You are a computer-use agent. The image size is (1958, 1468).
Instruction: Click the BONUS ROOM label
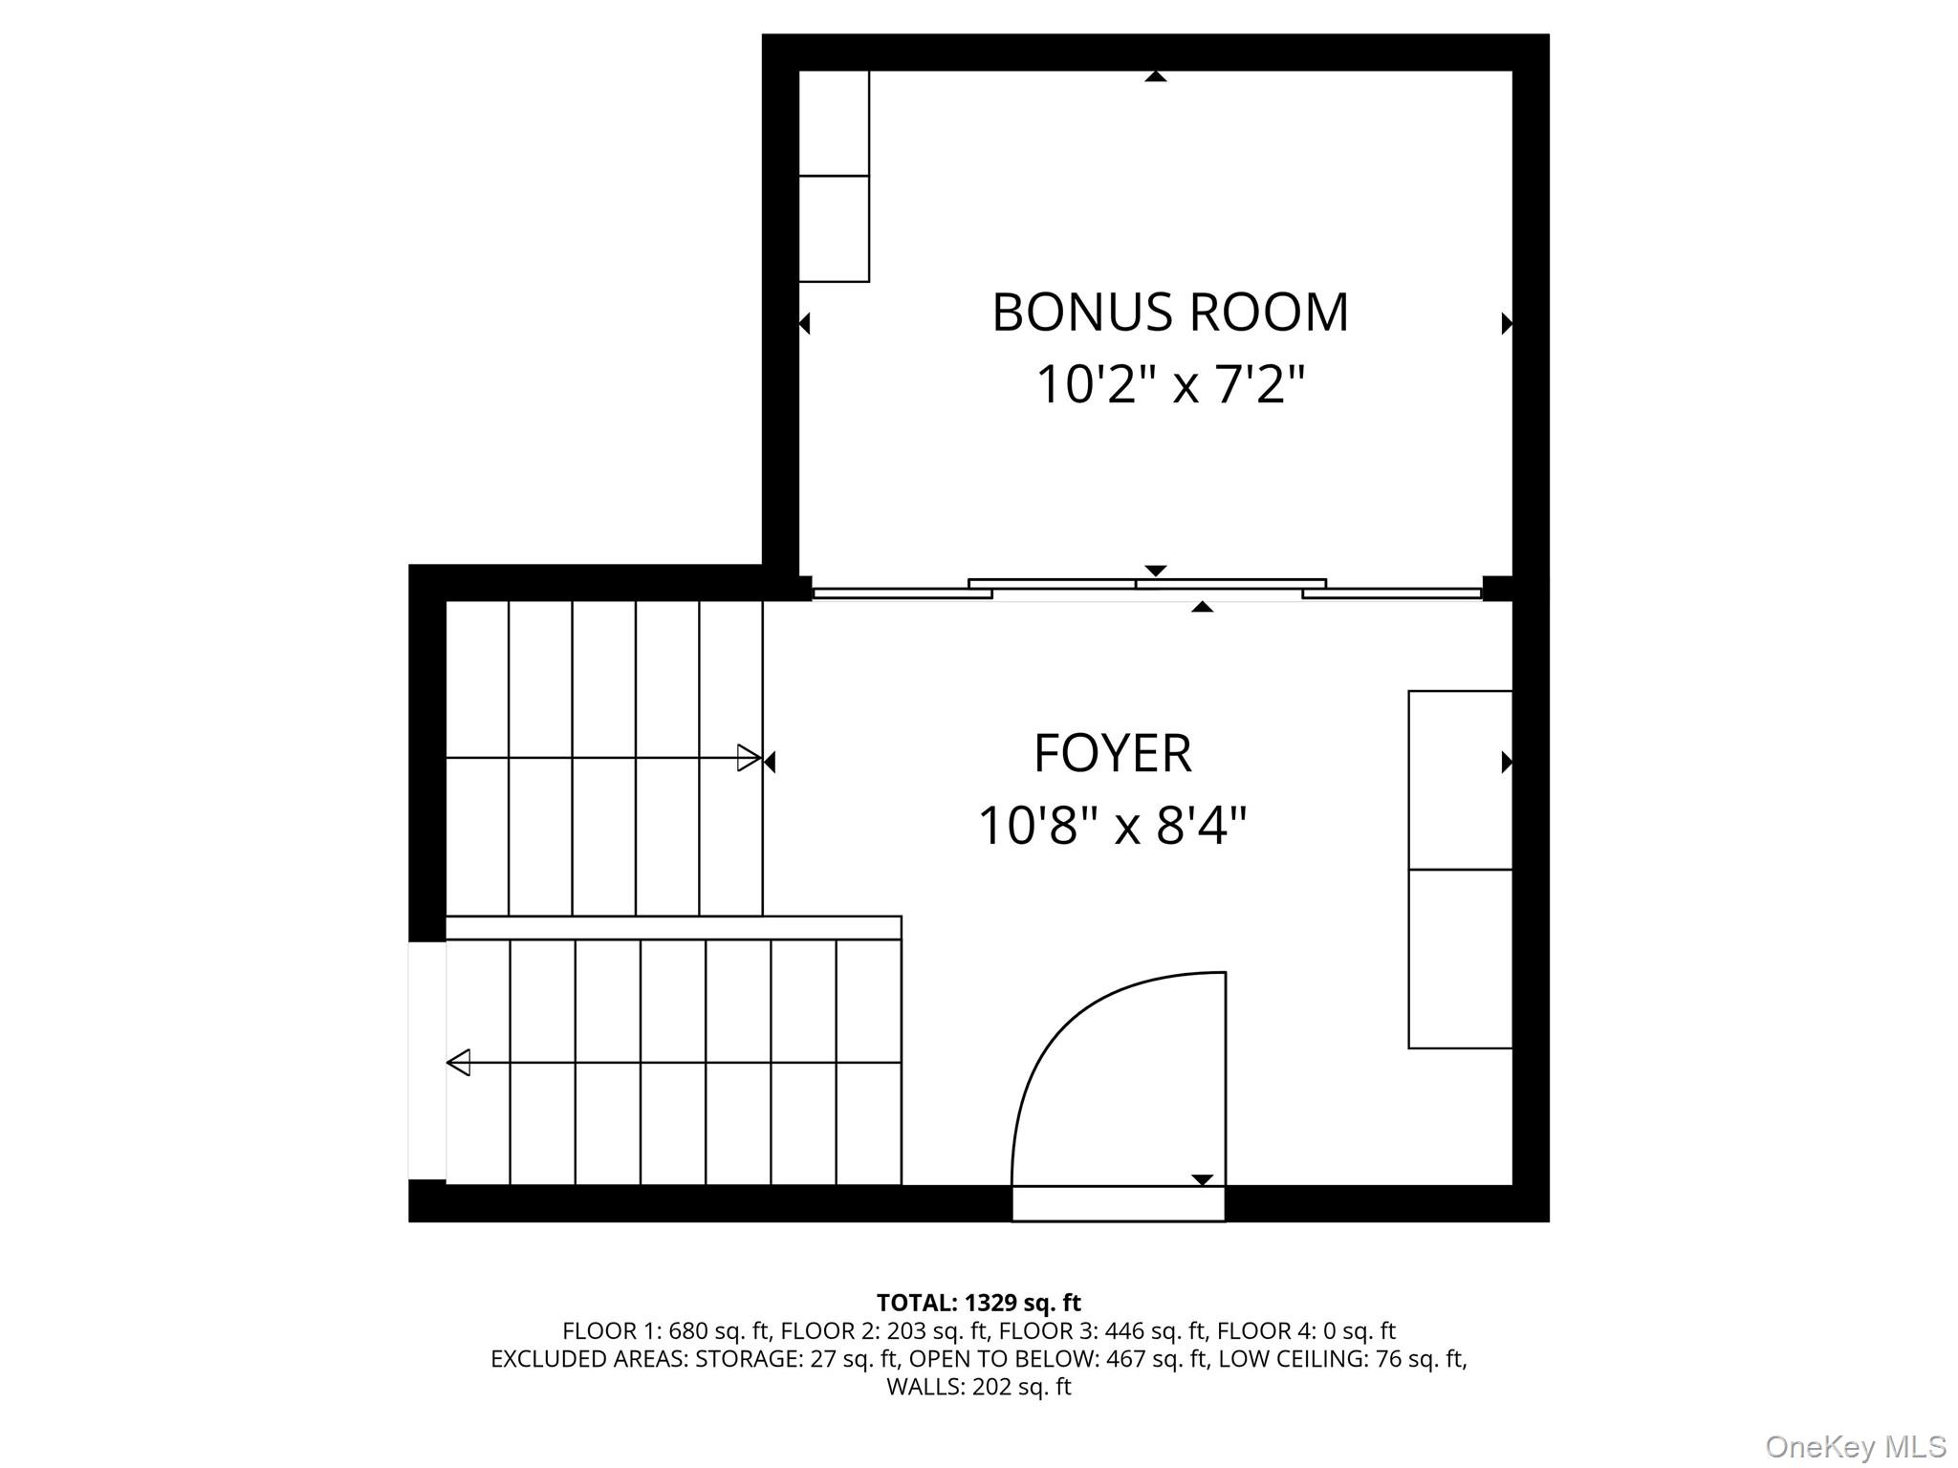pyautogui.click(x=1169, y=313)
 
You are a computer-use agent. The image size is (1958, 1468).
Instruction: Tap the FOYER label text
pyautogui.click(x=1112, y=753)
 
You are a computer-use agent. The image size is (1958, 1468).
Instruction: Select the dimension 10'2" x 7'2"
pyautogui.click(x=1169, y=385)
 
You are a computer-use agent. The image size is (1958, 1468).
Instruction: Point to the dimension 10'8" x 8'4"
pyautogui.click(x=1112, y=825)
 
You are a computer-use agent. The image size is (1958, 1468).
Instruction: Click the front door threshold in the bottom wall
pyautogui.click(x=1118, y=1203)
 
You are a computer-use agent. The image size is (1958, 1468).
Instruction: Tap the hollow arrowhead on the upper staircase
pyautogui.click(x=749, y=758)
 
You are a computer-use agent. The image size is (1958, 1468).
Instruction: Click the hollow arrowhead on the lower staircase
pyautogui.click(x=459, y=1062)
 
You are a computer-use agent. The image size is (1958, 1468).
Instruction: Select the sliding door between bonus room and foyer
pyautogui.click(x=1147, y=589)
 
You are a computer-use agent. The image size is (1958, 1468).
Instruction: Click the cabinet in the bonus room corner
pyautogui.click(x=834, y=177)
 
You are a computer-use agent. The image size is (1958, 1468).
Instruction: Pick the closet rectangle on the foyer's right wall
pyautogui.click(x=1460, y=869)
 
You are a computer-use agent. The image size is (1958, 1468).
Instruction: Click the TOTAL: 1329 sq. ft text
pyautogui.click(x=978, y=1303)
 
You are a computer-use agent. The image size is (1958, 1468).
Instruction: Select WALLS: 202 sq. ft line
pyautogui.click(x=978, y=1387)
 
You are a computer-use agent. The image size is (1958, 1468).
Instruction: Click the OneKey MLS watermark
pyautogui.click(x=1855, y=1446)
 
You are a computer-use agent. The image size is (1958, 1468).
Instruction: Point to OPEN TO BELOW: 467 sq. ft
pyautogui.click(x=1057, y=1358)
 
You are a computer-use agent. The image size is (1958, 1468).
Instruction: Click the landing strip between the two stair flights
pyautogui.click(x=673, y=927)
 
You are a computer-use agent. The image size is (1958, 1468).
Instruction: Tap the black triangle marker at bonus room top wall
pyautogui.click(x=1156, y=76)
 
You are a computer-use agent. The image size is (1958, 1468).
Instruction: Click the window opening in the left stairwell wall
pyautogui.click(x=426, y=1061)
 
